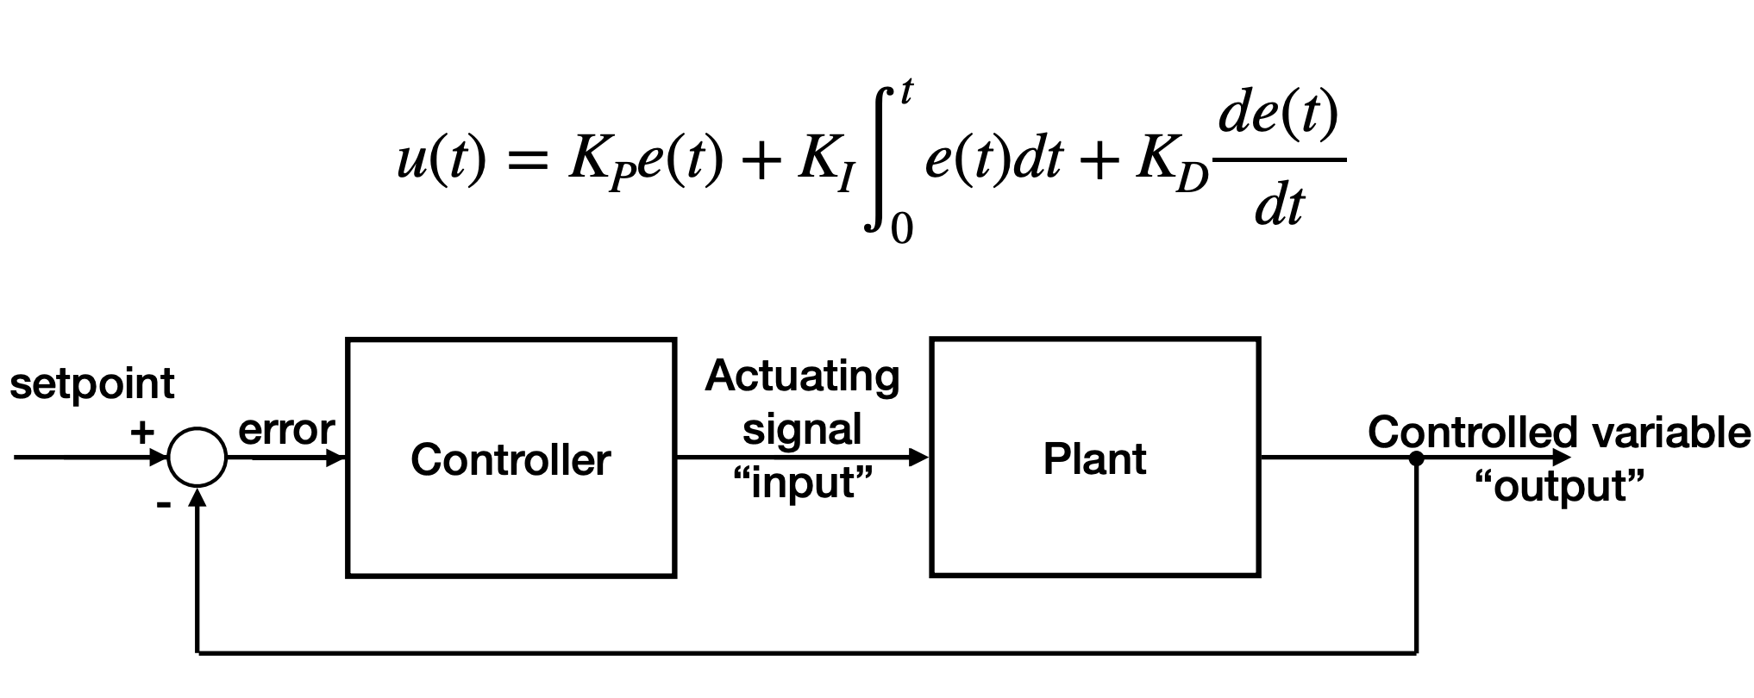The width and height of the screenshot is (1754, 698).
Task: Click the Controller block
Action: tap(511, 458)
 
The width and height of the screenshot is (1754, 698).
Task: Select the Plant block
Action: tap(1094, 458)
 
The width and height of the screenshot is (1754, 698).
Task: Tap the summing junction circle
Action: tap(197, 458)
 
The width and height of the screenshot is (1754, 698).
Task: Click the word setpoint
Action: tap(92, 383)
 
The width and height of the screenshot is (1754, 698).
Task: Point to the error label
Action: tap(286, 430)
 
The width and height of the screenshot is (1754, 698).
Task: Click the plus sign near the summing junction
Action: tap(142, 432)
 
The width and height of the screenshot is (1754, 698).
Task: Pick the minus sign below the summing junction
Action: tap(163, 504)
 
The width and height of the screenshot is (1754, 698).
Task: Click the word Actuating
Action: tap(802, 377)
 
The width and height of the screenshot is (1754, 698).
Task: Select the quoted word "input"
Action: tap(802, 483)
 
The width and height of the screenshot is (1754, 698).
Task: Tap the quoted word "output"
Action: tap(1559, 486)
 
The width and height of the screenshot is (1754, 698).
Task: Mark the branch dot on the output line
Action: tap(1416, 458)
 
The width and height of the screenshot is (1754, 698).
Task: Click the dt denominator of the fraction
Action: tap(1280, 207)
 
